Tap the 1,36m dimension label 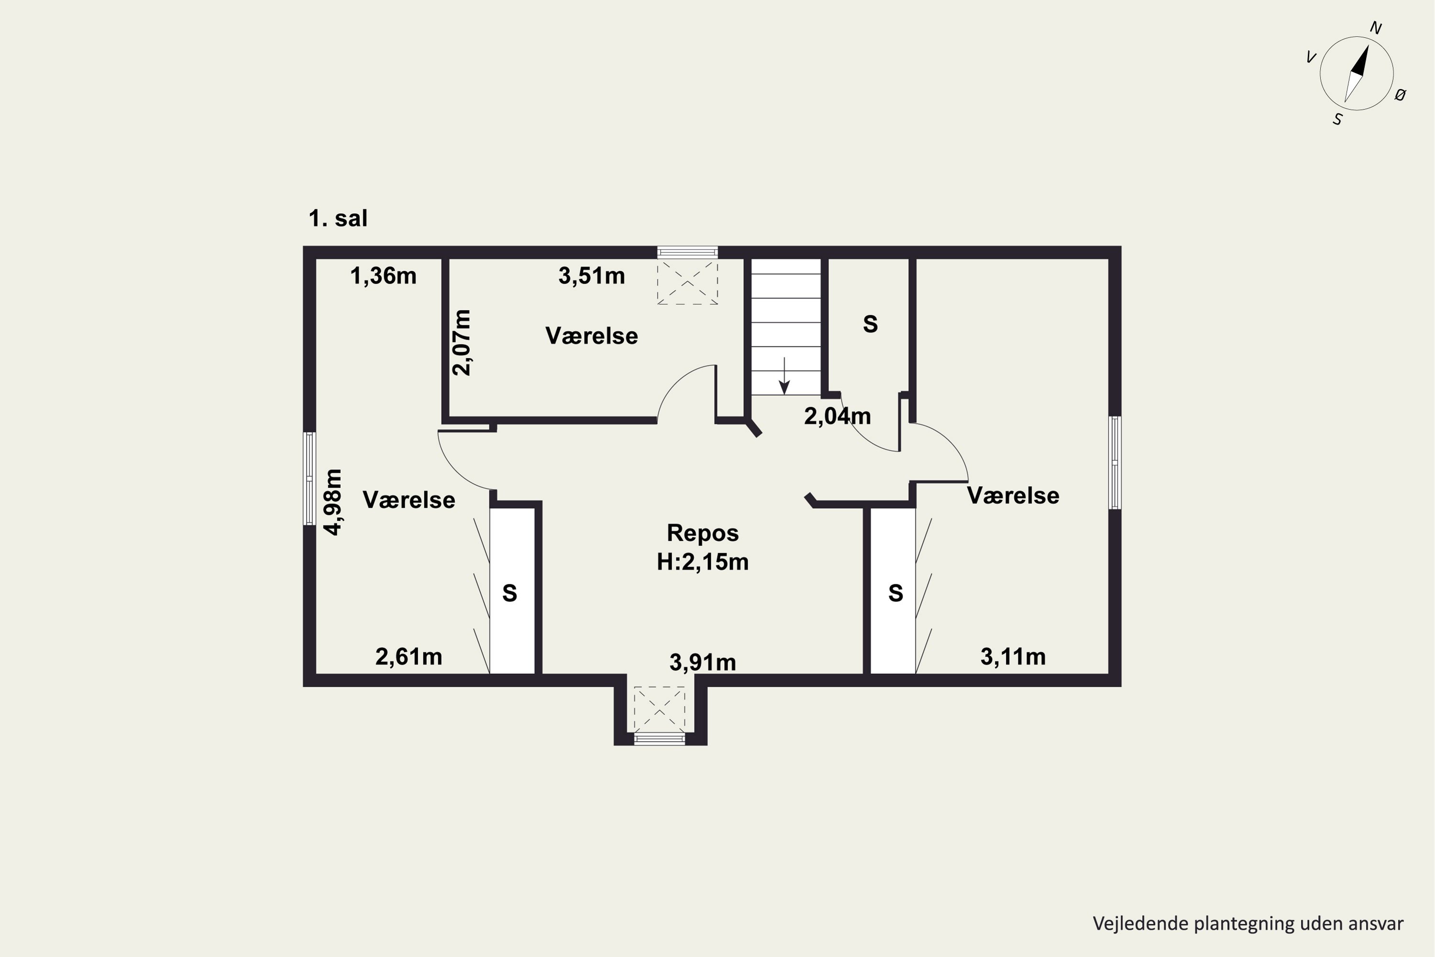[x=383, y=276]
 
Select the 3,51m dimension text [x=592, y=276]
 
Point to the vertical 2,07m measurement [x=462, y=343]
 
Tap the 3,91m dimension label [x=703, y=662]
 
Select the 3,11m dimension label [x=1013, y=657]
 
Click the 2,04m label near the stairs [x=837, y=416]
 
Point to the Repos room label [x=703, y=533]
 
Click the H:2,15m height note [x=703, y=561]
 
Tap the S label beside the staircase [x=870, y=324]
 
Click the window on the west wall [x=310, y=478]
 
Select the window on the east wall [x=1115, y=463]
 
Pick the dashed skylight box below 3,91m [x=660, y=709]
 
